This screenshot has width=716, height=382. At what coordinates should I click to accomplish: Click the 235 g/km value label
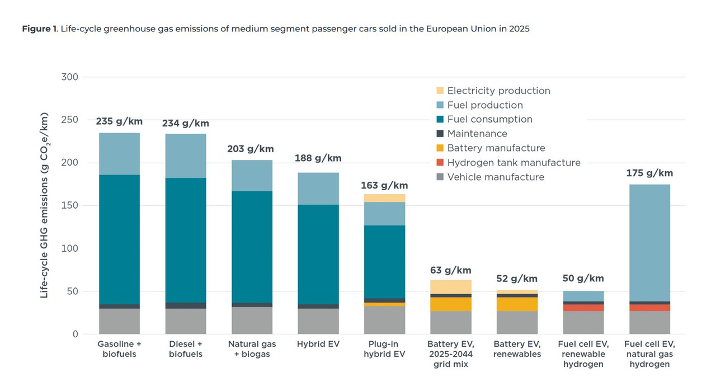[119, 121]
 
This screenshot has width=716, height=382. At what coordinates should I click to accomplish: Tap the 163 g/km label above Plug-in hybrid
[384, 185]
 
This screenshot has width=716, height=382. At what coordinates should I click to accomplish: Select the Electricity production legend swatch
[440, 91]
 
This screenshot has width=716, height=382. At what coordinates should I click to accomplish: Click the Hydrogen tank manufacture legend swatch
[440, 162]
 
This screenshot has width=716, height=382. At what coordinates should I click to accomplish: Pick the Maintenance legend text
[477, 133]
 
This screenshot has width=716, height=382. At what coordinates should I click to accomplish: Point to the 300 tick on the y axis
[70, 77]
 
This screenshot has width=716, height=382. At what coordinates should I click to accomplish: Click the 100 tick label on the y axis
[70, 248]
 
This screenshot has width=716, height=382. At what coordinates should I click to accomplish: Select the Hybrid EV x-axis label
[318, 344]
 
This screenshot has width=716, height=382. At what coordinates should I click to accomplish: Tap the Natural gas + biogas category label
[252, 349]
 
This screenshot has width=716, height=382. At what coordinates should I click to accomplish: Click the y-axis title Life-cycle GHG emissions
[44, 205]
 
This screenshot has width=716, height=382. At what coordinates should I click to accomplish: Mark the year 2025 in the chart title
[519, 29]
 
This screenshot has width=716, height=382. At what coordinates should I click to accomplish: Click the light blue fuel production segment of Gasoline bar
[119, 154]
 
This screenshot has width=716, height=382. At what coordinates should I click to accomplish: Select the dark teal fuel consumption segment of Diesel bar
[186, 240]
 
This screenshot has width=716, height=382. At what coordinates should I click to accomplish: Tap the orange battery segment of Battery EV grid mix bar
[451, 304]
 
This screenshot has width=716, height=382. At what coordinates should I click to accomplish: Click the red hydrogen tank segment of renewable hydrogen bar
[583, 308]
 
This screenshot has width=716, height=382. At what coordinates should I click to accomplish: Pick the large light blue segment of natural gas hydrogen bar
[650, 243]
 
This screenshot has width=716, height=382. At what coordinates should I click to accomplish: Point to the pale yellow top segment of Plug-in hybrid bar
[384, 198]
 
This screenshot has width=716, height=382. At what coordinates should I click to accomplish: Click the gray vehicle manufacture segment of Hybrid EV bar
[318, 321]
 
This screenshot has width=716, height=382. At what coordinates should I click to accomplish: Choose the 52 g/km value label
[517, 279]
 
